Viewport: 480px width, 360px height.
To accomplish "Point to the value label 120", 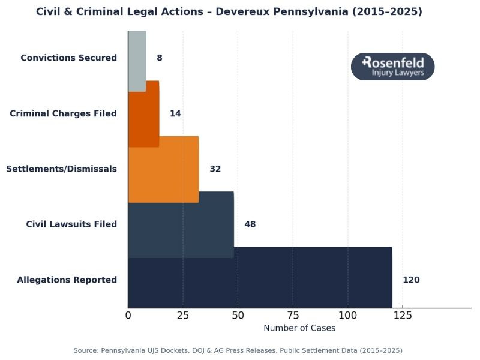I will tap(411, 280).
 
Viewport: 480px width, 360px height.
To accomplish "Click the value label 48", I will tap(250, 224).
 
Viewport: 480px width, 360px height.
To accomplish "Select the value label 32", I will tap(215, 169).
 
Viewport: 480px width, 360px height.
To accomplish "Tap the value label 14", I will tap(175, 113).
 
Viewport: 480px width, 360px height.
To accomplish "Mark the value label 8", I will tap(159, 58).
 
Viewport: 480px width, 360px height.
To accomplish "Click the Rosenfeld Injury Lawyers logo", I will tap(392, 67).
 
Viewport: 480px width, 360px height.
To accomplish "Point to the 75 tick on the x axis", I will tap(293, 315).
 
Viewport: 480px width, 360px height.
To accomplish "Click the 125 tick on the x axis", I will tap(403, 315).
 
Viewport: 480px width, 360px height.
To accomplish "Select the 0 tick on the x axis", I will tap(128, 315).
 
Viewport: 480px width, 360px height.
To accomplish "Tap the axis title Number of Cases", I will tap(299, 328).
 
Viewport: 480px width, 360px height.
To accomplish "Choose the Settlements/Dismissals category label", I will tap(61, 169).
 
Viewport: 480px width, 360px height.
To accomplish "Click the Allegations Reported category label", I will tap(67, 280).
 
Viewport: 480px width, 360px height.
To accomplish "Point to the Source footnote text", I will tap(238, 350).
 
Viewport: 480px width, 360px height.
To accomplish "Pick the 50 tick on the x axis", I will tap(238, 315).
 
